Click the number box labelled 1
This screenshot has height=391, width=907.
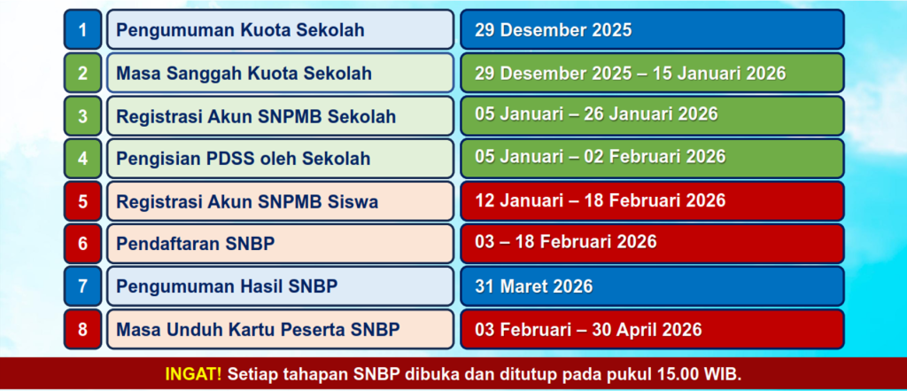click(82, 29)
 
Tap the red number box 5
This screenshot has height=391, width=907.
click(82, 201)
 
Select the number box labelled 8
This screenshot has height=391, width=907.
click(82, 330)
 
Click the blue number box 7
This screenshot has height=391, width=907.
click(82, 286)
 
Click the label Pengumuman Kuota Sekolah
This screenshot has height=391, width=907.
click(241, 30)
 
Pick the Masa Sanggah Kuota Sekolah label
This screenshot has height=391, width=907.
click(244, 73)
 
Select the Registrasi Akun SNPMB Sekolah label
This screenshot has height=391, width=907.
click(256, 116)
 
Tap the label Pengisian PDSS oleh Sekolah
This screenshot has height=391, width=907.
click(243, 158)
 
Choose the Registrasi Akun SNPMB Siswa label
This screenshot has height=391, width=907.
click(248, 201)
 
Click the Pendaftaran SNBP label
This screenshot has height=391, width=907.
click(196, 244)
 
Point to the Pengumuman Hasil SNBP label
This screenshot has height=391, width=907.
click(227, 286)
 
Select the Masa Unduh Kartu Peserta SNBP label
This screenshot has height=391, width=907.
click(258, 330)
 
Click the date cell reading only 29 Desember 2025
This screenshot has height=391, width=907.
click(554, 30)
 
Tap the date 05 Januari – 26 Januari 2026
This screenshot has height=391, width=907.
click(596, 113)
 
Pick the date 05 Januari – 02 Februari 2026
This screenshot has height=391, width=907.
click(601, 156)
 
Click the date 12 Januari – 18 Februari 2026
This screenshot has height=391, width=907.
click(601, 200)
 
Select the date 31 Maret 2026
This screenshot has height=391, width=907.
click(534, 286)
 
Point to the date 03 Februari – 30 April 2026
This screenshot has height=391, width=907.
click(588, 330)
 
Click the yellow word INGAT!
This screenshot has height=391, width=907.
click(193, 374)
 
